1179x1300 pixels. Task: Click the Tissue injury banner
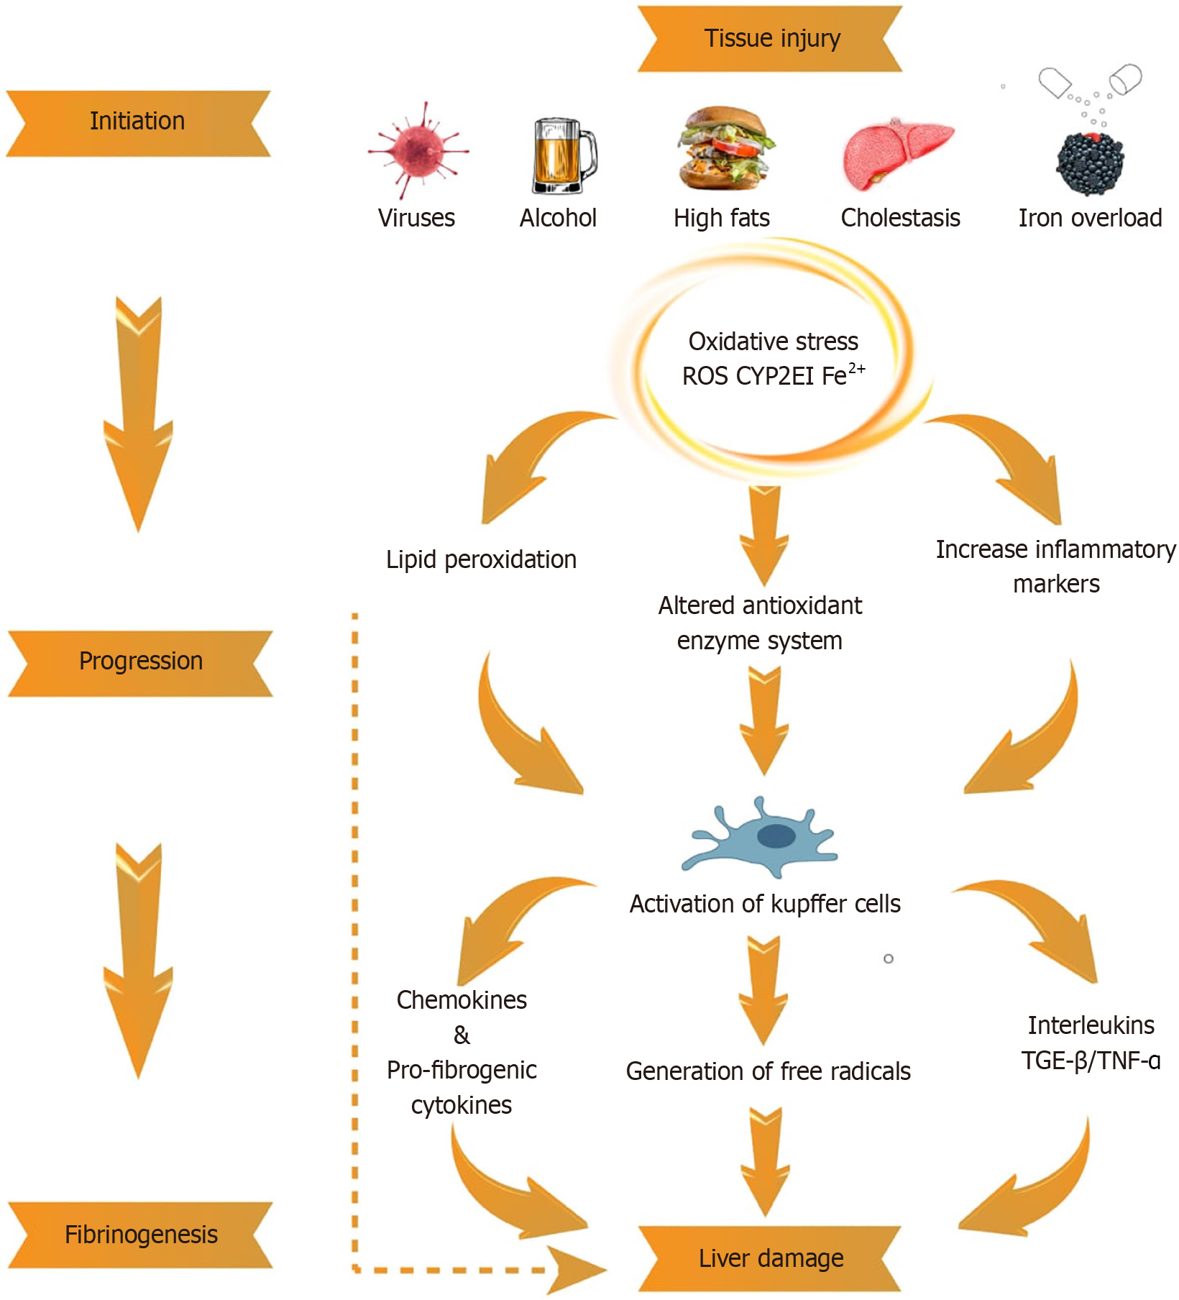[x=771, y=39]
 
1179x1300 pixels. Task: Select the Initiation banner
[x=137, y=122]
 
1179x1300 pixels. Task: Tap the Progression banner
[x=140, y=662]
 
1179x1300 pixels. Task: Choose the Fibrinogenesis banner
[x=140, y=1235]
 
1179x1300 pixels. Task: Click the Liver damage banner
[x=771, y=1258]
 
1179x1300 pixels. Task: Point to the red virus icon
[x=418, y=150]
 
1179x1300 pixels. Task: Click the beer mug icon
[x=562, y=157]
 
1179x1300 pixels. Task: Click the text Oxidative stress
[x=773, y=342]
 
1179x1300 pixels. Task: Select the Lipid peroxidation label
[x=481, y=560]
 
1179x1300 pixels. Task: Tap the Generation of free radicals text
[x=768, y=1071]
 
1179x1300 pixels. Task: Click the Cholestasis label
[x=900, y=218]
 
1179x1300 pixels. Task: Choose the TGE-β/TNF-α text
[x=1091, y=1061]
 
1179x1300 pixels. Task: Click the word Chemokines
[x=462, y=1000]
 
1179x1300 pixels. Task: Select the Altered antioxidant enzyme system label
[x=760, y=623]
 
